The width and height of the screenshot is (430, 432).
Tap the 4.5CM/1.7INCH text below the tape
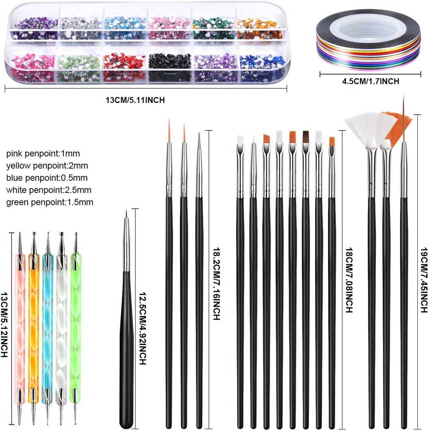coord(370,81)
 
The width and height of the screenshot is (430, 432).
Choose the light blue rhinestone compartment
coord(125,29)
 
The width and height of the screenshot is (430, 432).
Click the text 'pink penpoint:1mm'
coord(43,154)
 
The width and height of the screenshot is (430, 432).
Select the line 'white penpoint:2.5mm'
coord(49,190)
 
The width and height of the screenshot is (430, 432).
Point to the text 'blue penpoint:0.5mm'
coord(47,178)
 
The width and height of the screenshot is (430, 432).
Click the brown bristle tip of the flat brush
coord(305,137)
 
